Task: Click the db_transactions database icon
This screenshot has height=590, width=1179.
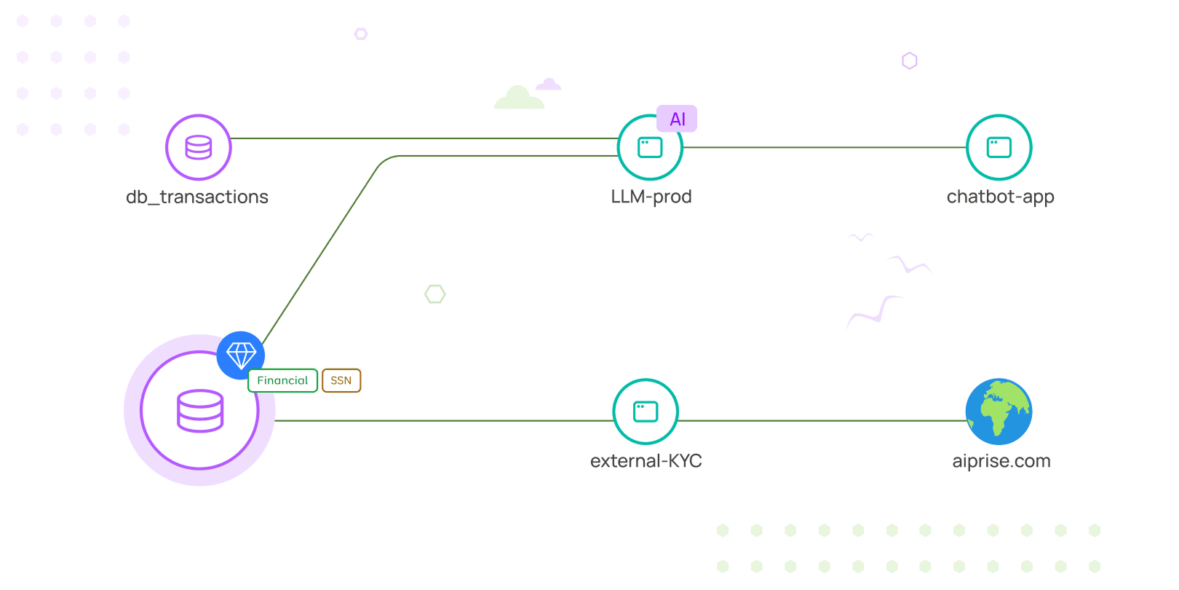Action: tap(198, 147)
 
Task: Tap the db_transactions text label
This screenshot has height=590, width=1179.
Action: tap(197, 197)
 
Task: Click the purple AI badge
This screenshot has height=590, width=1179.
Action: tap(677, 119)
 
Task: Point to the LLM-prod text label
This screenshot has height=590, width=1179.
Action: tap(651, 197)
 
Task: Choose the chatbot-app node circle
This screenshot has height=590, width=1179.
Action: tap(999, 147)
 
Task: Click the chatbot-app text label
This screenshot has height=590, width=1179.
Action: tap(1000, 197)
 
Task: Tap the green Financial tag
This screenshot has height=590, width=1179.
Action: tap(282, 380)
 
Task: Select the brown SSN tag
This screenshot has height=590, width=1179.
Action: tap(341, 380)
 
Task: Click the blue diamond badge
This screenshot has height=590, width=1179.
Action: tap(241, 355)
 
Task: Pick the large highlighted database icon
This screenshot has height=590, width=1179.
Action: tap(200, 411)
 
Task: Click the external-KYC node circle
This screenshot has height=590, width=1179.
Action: tap(646, 412)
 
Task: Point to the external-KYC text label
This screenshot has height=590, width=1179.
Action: tap(646, 461)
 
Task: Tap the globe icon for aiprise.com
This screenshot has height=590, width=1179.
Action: tap(999, 412)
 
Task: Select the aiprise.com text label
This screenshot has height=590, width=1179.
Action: tap(1001, 461)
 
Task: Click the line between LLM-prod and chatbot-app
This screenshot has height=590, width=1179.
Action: tap(822, 147)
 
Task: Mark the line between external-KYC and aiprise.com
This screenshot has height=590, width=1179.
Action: tap(822, 420)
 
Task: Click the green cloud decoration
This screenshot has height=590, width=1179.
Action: tap(518, 98)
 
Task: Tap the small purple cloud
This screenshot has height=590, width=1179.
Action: tap(549, 84)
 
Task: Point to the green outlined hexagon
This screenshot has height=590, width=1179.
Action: tap(435, 294)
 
